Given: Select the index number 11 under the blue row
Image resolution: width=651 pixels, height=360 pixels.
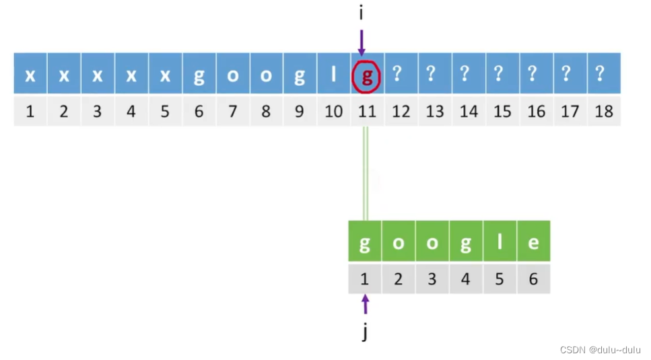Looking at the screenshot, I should tap(367, 111).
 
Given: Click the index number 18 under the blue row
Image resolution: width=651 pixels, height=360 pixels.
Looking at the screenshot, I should tap(604, 111).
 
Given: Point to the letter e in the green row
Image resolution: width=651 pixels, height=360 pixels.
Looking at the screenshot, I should tap(533, 242).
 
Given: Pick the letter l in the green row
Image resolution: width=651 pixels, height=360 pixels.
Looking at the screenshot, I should tap(500, 242).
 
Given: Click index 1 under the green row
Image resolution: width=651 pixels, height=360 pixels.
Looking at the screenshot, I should tap(365, 279).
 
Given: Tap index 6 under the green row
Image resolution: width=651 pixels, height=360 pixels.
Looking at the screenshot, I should tap(533, 279).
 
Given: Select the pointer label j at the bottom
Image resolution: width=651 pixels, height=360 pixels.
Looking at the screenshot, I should tap(365, 332).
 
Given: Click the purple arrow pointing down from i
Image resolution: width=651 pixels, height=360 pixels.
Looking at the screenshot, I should tap(362, 42).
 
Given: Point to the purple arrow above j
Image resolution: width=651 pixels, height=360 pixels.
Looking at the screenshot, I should tap(365, 305).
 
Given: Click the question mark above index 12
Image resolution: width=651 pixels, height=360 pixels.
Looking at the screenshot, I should tap(401, 74).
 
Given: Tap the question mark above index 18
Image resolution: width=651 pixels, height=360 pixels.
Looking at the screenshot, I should tap(604, 74).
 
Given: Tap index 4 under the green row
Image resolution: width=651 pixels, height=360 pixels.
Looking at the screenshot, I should tap(466, 279).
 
